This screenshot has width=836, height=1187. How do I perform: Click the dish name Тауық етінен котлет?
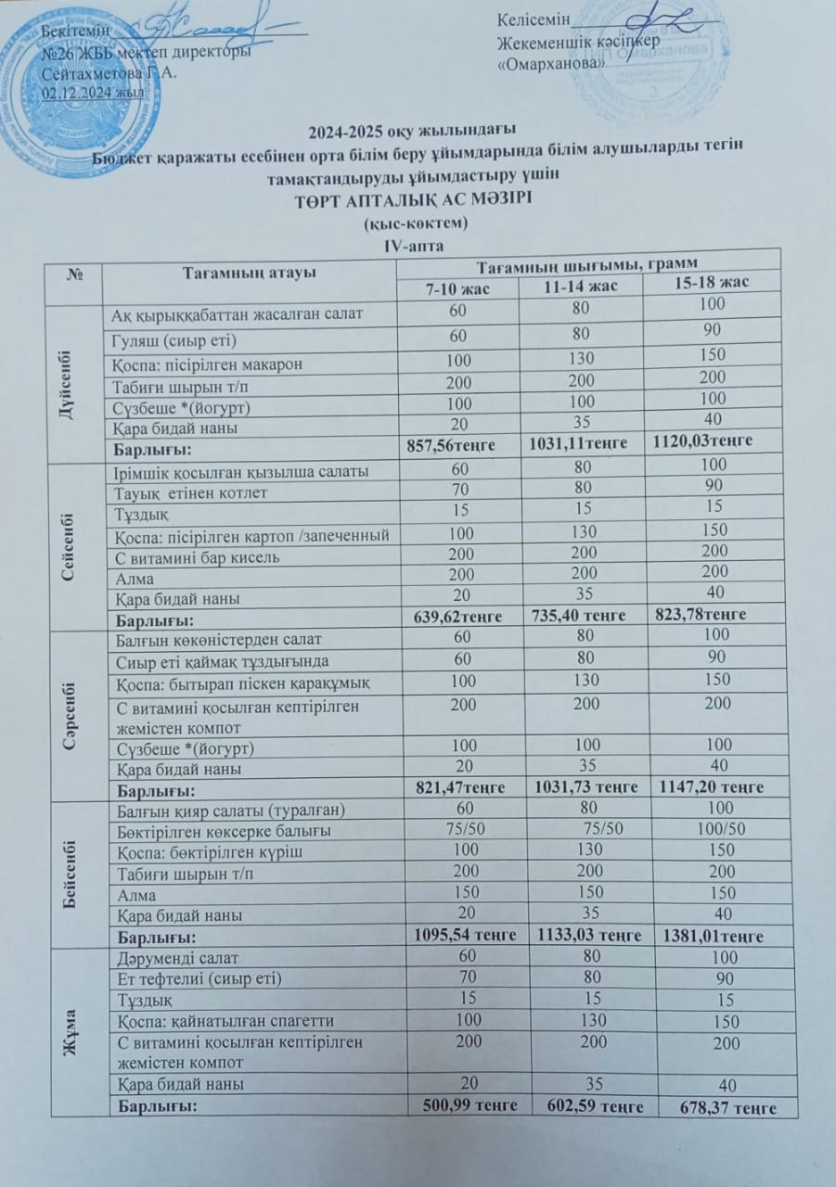[x=189, y=492]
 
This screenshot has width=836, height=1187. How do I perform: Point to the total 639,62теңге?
[x=450, y=617]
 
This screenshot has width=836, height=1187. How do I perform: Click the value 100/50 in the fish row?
[x=722, y=828]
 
